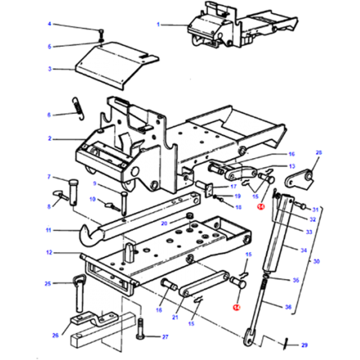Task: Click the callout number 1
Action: (x=157, y=24)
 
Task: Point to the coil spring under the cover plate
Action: (x=76, y=107)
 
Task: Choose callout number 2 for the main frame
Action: (x=49, y=138)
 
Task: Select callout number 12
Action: (x=49, y=253)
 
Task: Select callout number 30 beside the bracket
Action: (x=315, y=262)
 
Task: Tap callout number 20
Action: (x=163, y=223)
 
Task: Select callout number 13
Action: (x=291, y=166)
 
